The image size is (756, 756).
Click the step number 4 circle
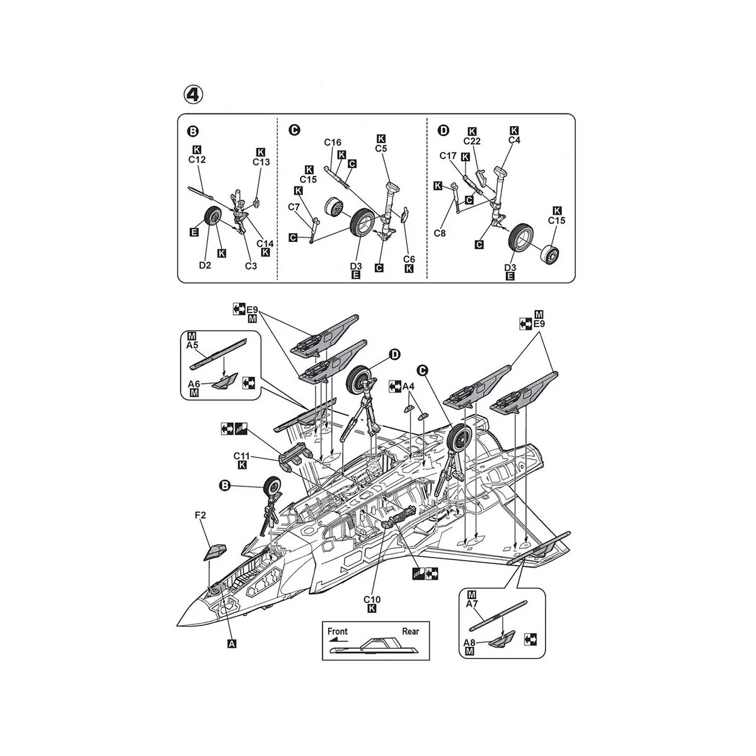tap(193, 94)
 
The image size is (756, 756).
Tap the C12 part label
tap(197, 159)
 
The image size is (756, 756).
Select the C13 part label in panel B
tap(261, 162)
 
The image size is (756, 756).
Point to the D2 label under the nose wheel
tap(205, 265)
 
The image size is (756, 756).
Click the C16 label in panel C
tap(333, 142)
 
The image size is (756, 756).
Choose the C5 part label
tap(381, 148)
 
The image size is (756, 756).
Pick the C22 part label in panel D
tap(472, 141)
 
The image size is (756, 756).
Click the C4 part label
tap(514, 140)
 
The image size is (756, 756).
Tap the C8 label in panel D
tap(440, 233)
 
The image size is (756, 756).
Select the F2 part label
tap(200, 515)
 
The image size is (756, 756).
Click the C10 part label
tap(372, 600)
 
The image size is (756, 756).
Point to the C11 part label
tap(242, 456)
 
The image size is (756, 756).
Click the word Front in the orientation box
tap(338, 631)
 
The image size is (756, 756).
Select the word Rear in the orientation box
tap(410, 631)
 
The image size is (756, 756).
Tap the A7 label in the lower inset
tap(472, 604)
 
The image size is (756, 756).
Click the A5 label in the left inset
tap(192, 345)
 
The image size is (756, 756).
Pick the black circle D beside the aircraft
tap(394, 355)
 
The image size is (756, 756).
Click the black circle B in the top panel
tap(193, 132)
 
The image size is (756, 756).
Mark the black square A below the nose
tap(232, 643)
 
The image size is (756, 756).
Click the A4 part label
tap(408, 387)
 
